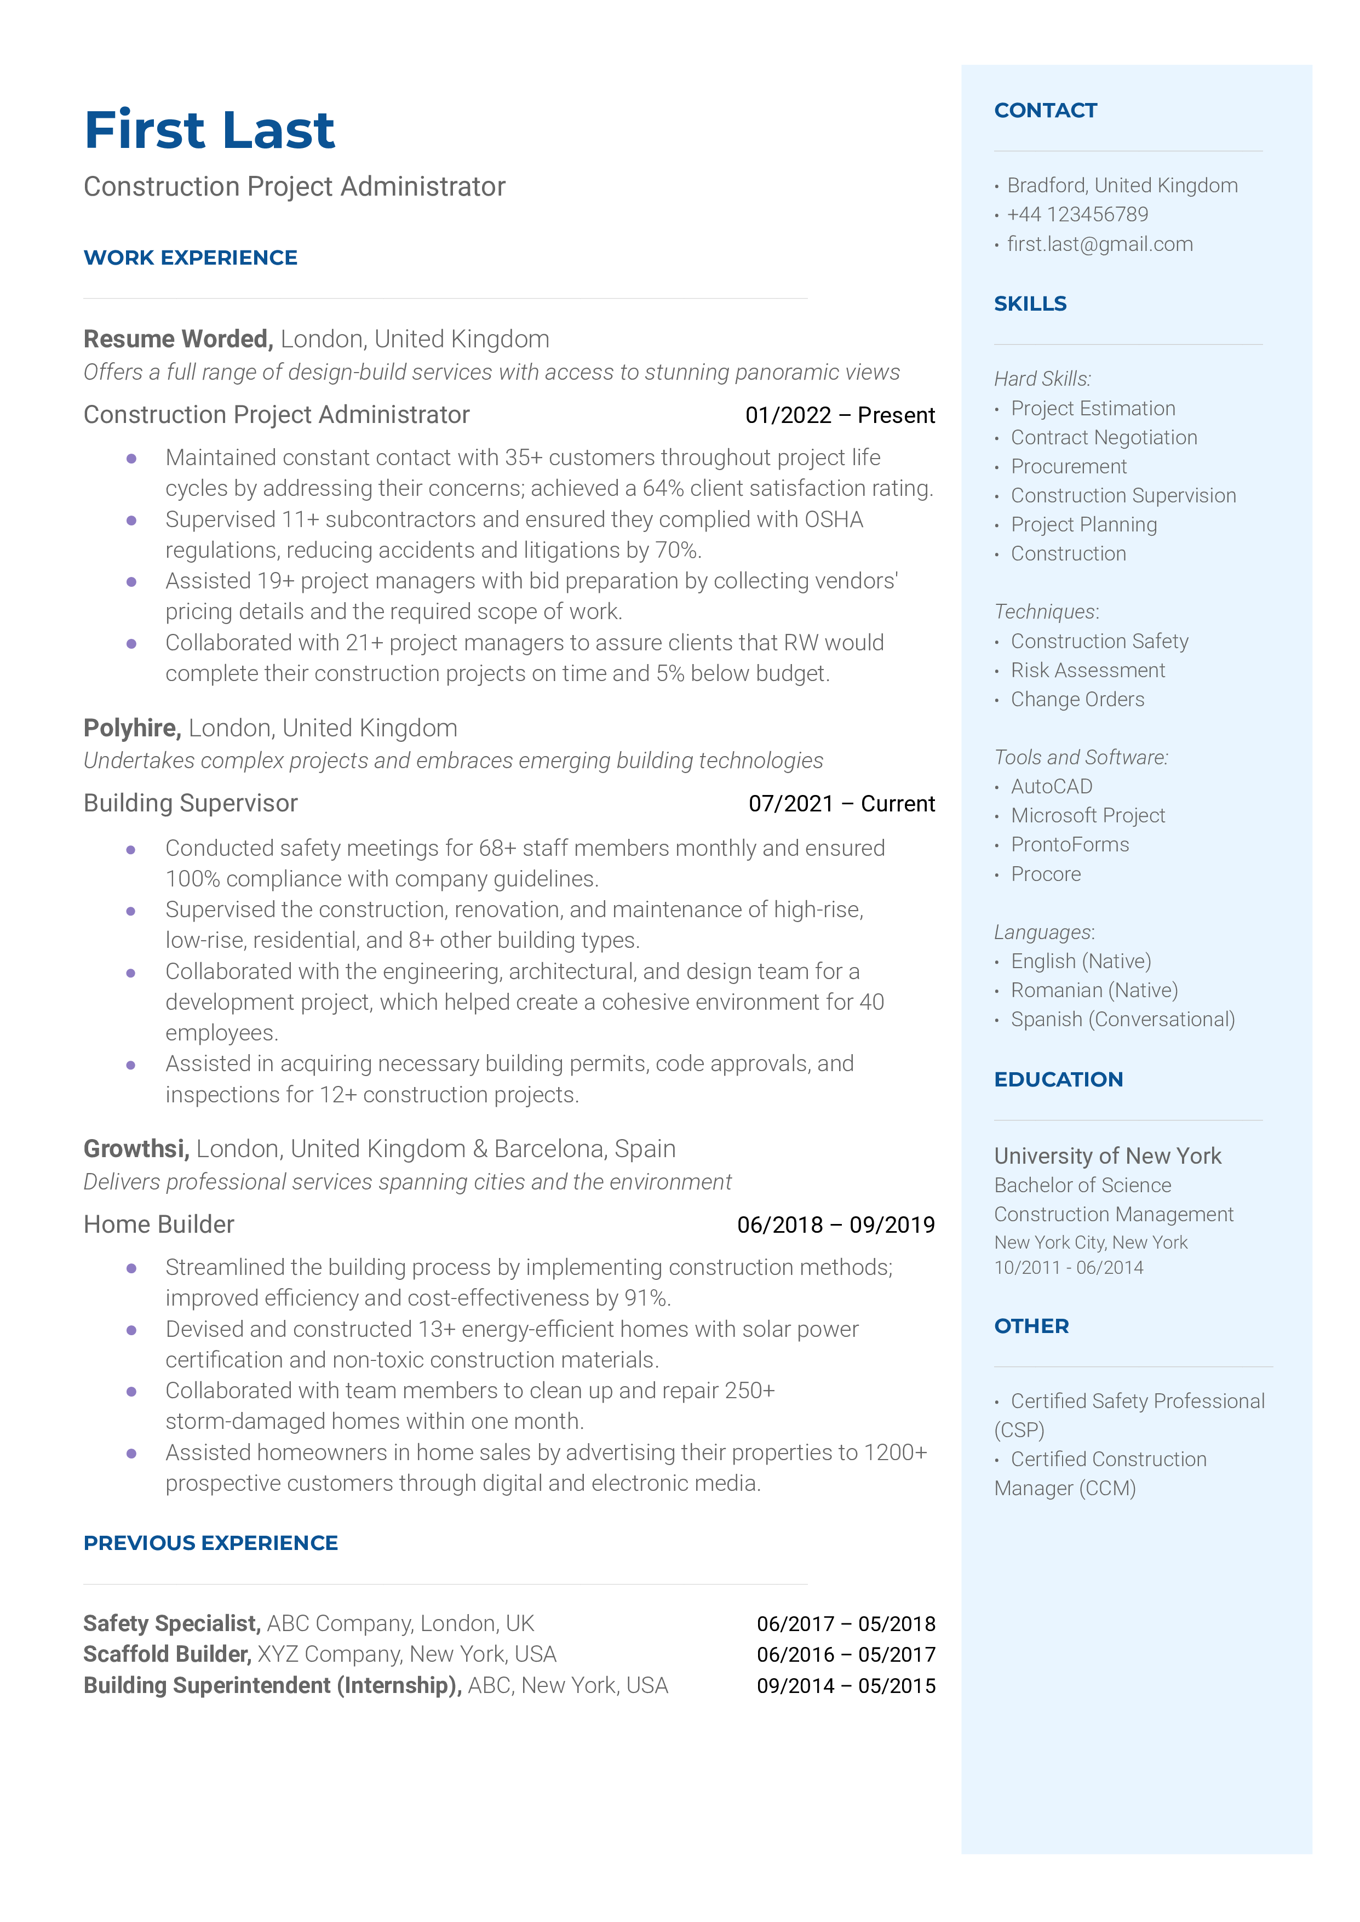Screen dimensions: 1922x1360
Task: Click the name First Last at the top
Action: pos(209,130)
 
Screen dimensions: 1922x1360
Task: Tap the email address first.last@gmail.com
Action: pos(1099,244)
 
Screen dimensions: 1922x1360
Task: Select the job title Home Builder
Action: pos(159,1225)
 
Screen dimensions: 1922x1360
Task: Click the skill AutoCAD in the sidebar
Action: pos(1051,786)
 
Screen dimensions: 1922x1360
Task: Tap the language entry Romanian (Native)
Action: pos(1094,991)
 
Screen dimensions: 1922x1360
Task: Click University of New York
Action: pos(1107,1157)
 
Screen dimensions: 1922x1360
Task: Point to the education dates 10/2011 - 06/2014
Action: pos(1069,1268)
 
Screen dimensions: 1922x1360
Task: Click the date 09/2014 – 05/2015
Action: pos(846,1686)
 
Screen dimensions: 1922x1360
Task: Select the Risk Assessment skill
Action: pos(1088,671)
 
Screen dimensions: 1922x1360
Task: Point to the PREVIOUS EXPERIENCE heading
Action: pos(210,1543)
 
